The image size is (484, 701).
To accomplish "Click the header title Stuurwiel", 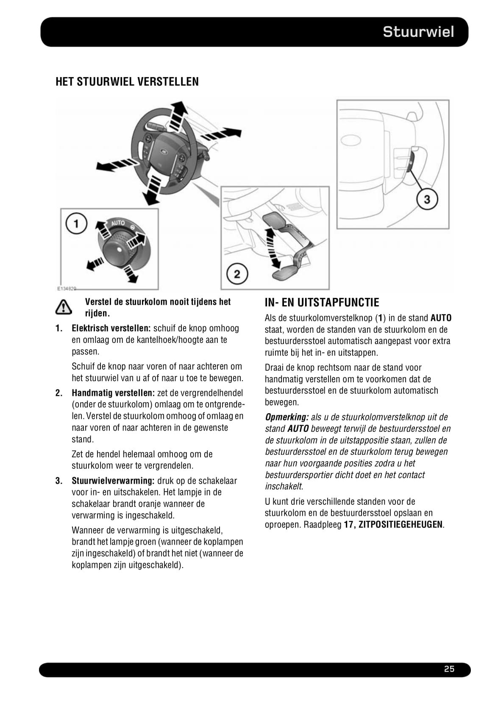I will pos(418,32).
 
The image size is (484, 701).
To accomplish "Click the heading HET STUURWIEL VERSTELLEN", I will pos(127,82).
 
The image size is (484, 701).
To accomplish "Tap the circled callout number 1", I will pos(76,223).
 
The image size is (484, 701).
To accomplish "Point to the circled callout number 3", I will pos(427,199).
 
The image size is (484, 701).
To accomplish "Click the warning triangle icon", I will pos(63,307).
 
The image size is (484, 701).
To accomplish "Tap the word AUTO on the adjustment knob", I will pos(118,223).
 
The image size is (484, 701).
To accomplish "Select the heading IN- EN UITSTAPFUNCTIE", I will pos(322,303).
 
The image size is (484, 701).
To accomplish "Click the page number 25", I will pos(449,669).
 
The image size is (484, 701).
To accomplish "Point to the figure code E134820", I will pos(67,289).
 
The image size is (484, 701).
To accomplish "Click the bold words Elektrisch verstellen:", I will pos(111,328).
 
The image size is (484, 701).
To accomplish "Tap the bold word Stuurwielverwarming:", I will pos(113,481).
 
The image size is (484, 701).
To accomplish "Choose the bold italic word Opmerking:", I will pos(286,417).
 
